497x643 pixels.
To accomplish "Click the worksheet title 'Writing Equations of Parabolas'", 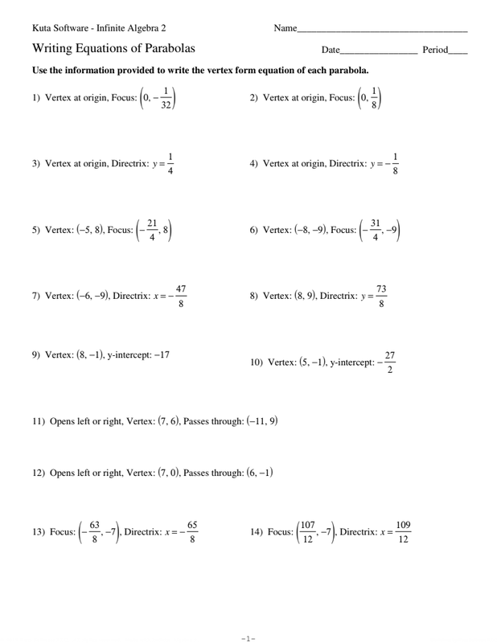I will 113,49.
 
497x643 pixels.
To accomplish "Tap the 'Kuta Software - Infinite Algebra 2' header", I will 99,28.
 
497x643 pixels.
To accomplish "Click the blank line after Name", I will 382,31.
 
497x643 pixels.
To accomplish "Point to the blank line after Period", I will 458,52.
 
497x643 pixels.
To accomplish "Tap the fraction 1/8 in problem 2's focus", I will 374,98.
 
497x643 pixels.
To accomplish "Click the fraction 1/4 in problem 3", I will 170,163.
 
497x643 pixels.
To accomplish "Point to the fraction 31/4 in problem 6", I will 375,231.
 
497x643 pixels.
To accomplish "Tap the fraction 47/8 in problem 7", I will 181,296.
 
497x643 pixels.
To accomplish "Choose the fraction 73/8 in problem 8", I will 381,296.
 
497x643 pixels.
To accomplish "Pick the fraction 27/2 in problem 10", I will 390,362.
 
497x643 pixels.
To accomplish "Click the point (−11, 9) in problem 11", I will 262,420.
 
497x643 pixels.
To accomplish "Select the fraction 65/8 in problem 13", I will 192,532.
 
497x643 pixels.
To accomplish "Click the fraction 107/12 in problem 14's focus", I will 308,532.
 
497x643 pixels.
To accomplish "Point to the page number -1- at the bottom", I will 249,638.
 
